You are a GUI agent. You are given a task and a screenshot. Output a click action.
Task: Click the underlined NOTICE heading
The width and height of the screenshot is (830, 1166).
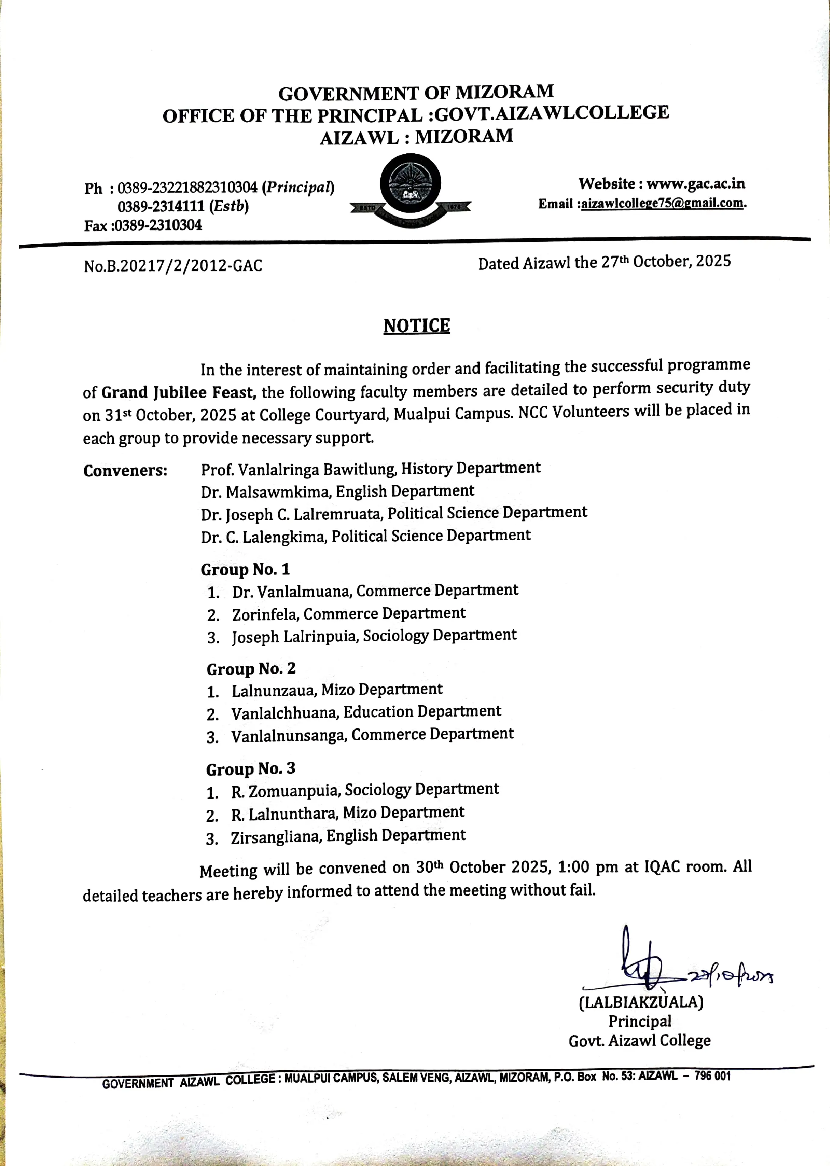tap(416, 326)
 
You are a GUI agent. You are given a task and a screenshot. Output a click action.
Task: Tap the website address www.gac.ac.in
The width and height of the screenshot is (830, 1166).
tap(696, 183)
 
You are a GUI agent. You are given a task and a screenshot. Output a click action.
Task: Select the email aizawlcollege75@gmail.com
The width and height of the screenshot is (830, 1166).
tap(662, 203)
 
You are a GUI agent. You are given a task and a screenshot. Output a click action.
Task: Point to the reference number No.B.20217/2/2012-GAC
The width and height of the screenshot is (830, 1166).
tap(173, 266)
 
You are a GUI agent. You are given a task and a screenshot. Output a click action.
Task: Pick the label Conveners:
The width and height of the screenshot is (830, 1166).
tap(125, 470)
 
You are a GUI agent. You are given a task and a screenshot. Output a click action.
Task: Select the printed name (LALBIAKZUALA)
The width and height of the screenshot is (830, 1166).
tap(641, 1002)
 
